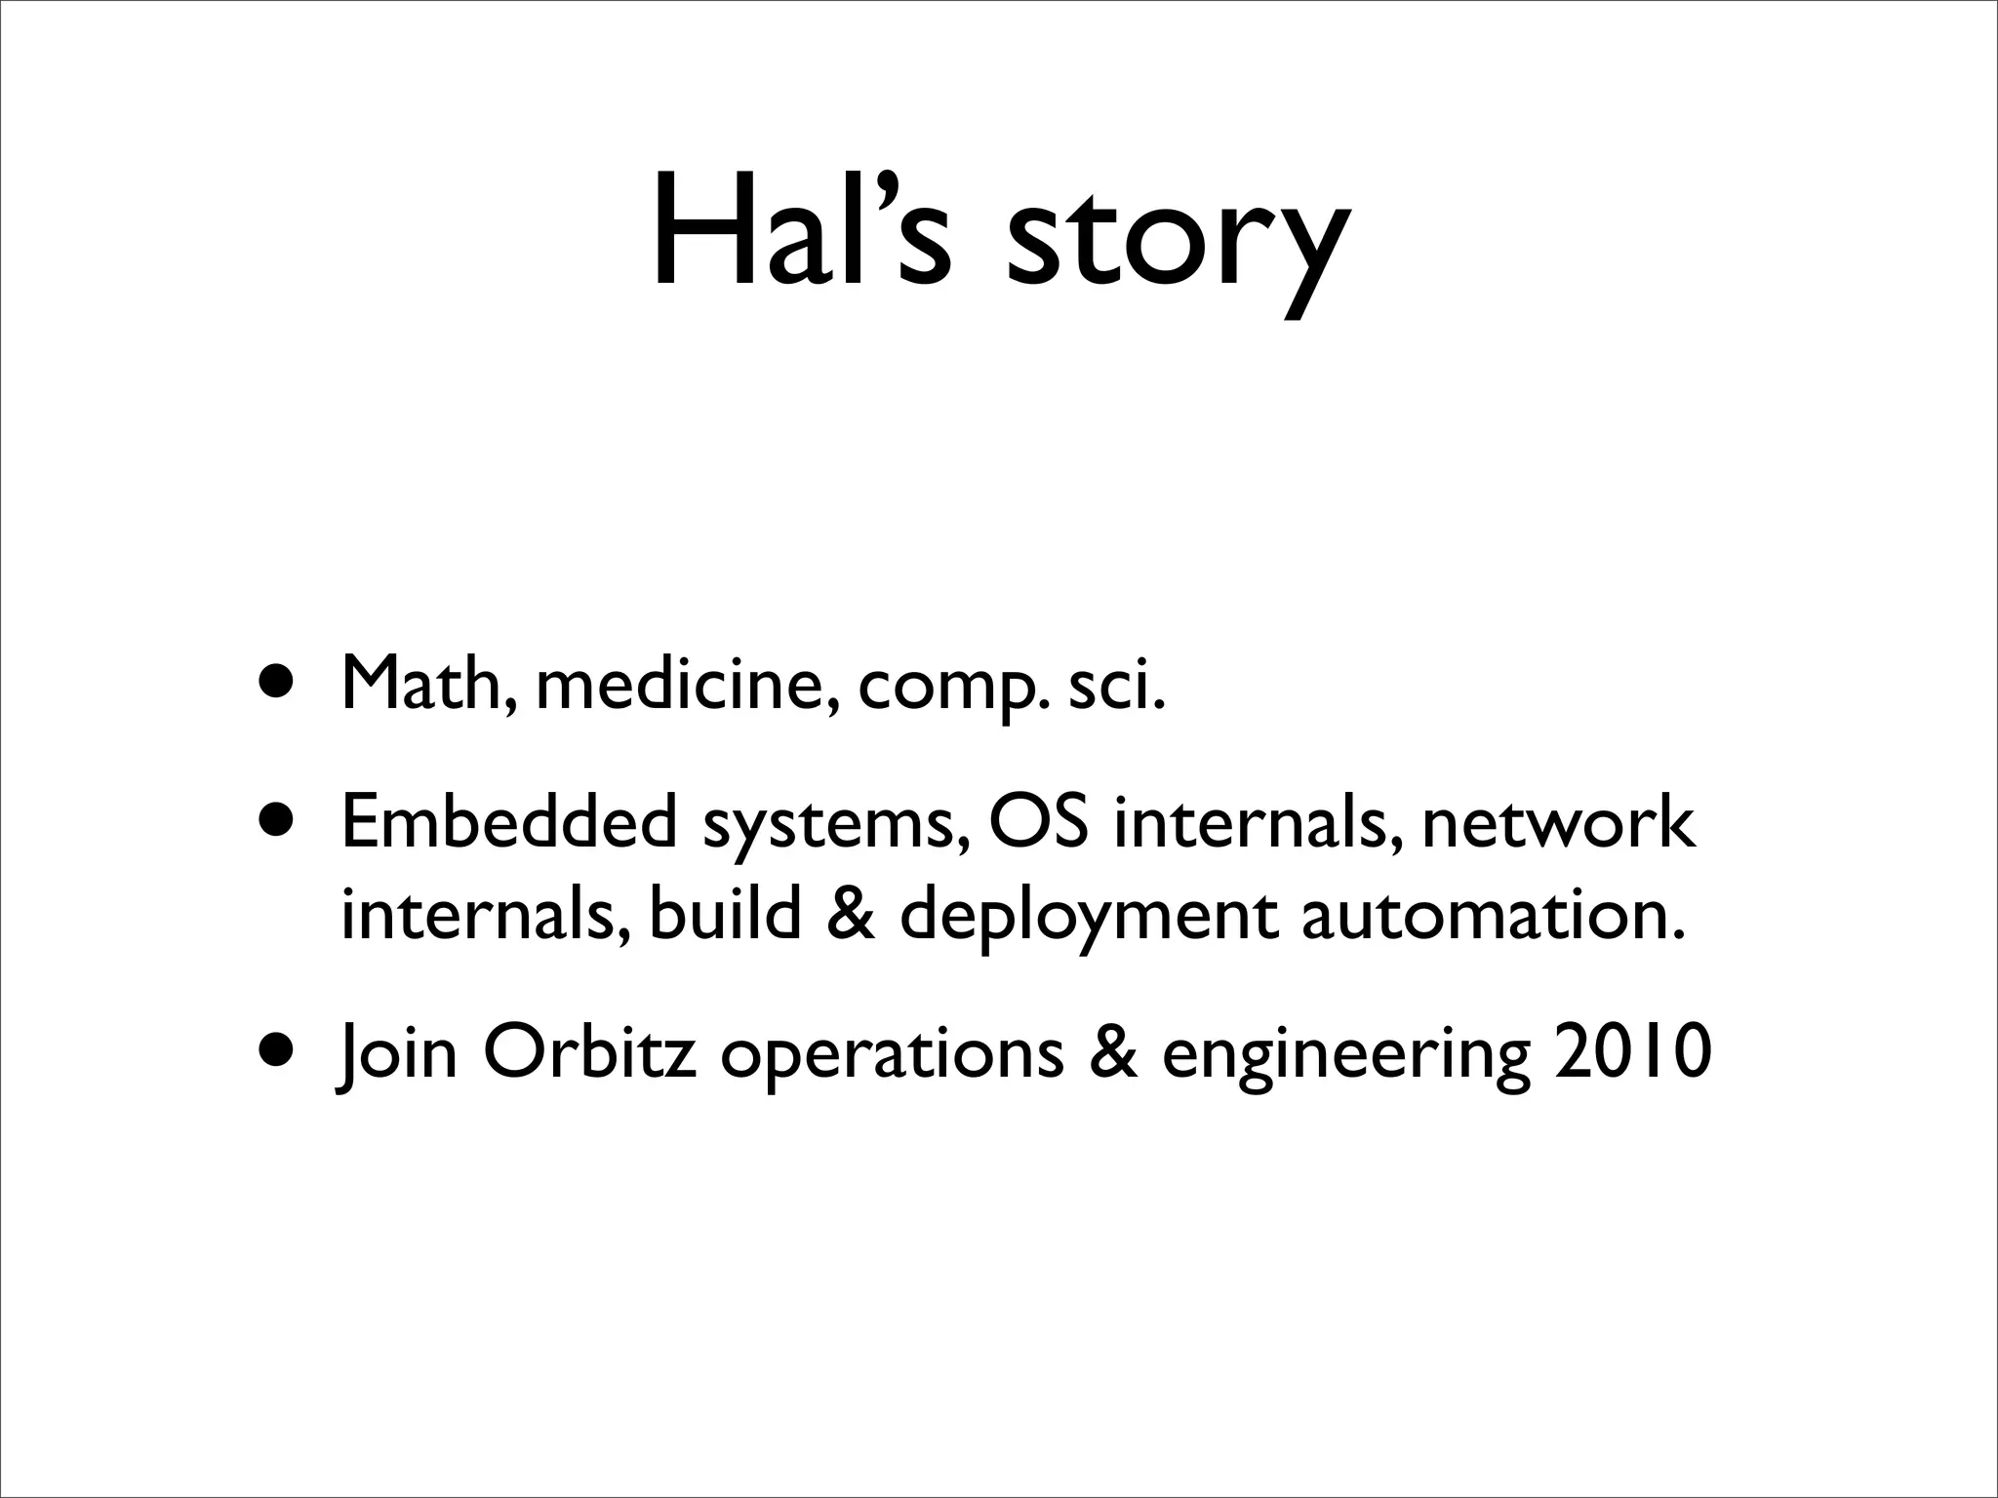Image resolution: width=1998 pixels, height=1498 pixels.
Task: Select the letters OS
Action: (x=1038, y=822)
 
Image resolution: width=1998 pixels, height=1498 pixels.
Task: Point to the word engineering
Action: (x=1346, y=1059)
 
